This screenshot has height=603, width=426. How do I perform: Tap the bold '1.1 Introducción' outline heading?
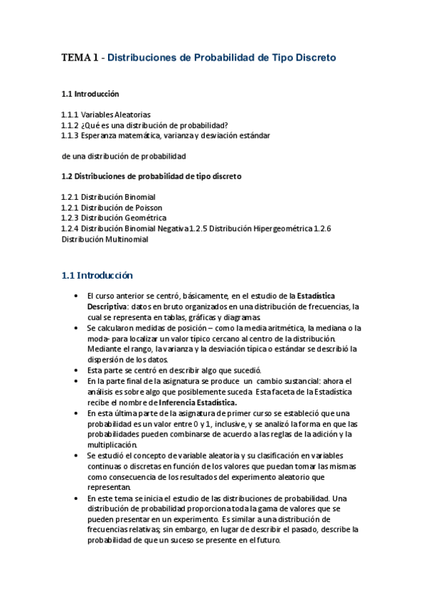pos(90,94)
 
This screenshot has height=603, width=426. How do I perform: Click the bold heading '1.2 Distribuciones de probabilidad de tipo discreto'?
pos(151,176)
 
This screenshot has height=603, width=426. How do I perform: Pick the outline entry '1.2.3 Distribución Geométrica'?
pos(114,218)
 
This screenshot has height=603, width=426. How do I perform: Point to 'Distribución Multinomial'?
pos(105,239)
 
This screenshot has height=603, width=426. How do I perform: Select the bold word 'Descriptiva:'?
pos(108,306)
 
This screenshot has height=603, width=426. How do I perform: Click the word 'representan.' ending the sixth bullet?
pos(109,487)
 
